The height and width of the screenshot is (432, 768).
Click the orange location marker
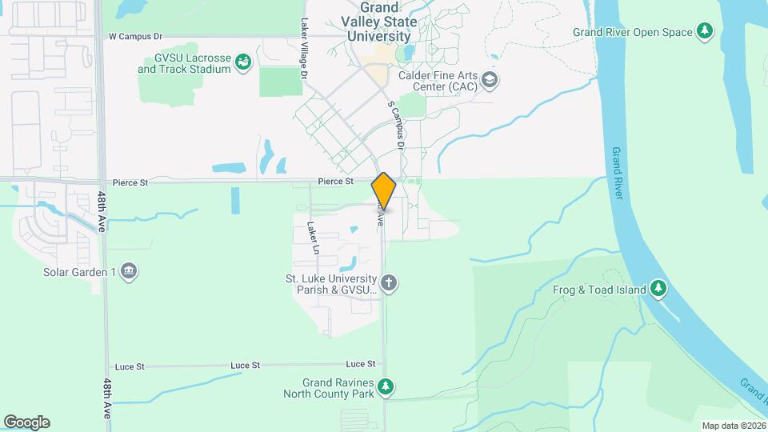384,191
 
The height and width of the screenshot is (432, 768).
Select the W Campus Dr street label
135,37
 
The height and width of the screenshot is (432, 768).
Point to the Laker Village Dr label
305,49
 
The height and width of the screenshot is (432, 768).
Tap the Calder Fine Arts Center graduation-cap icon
490,80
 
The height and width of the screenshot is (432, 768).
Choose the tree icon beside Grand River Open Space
704,32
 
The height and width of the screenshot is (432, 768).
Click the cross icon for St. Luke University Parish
389,282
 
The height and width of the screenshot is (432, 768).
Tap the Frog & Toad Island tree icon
658,288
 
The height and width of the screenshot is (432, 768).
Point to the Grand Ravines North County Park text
329,388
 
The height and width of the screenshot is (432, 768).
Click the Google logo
26,422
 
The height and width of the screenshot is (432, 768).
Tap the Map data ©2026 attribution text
732,426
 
